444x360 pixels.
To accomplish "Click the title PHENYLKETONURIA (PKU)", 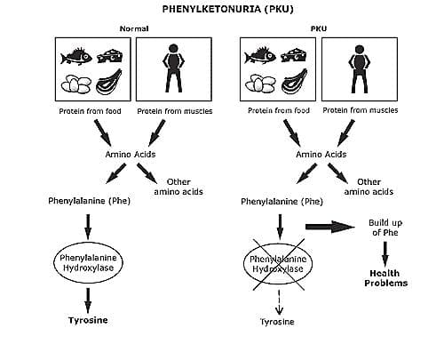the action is (227, 9).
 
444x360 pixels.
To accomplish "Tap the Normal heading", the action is (134, 28).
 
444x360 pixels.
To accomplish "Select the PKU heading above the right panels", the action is (319, 28).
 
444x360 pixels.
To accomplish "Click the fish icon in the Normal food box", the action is (76, 56).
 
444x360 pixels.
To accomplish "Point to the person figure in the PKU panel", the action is (360, 69).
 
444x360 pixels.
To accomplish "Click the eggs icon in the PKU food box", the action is (260, 84).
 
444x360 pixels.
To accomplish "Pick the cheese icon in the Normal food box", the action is (110, 56).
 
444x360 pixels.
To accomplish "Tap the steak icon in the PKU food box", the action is (294, 81).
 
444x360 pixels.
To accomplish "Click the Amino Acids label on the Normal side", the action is (131, 155).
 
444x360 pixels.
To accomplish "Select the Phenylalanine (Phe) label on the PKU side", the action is (281, 202).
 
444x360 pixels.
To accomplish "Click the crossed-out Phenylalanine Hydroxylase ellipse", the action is (278, 264).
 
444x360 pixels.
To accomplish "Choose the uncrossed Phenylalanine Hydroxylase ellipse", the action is (88, 262).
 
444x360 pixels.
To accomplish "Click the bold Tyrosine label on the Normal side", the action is (88, 320).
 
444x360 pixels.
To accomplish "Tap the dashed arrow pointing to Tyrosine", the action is (279, 301).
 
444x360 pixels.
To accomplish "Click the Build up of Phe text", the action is (385, 228).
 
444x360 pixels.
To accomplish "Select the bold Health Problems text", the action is (385, 278).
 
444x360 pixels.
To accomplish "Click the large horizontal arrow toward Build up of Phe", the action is (329, 227).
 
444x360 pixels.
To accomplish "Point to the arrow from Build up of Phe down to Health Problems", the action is (385, 254).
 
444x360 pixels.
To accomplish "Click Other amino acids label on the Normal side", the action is (178, 187).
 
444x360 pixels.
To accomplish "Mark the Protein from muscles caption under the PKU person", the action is (361, 110).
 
